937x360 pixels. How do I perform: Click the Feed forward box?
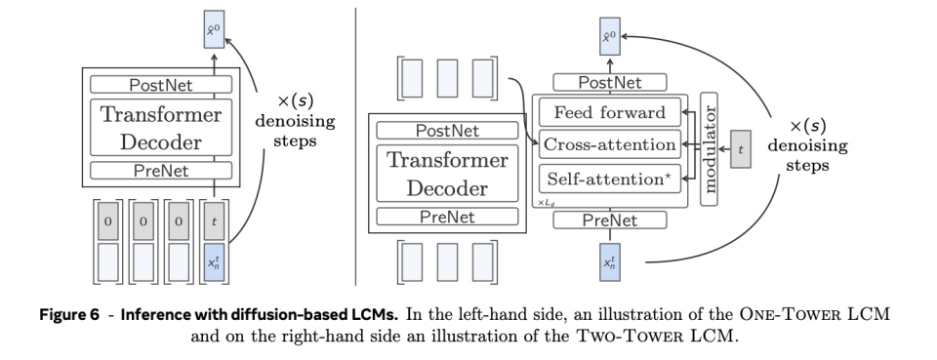(609, 112)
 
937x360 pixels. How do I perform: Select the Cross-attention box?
(609, 144)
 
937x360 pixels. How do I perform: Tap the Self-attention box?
(609, 180)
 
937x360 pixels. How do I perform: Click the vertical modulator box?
(709, 148)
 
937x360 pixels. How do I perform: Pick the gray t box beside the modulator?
(741, 148)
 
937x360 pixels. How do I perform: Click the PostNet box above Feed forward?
(609, 82)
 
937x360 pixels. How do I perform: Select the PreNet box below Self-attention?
(609, 220)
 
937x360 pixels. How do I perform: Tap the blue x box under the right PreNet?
(609, 262)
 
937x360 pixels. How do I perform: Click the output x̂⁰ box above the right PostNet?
(609, 36)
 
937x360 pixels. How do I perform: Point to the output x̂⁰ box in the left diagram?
(214, 29)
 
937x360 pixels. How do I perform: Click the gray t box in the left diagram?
(214, 221)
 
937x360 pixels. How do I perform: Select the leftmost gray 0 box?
(108, 221)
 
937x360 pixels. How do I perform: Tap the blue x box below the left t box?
(214, 262)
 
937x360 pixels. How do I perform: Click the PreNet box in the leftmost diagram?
(161, 171)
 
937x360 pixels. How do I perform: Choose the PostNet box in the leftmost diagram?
(161, 85)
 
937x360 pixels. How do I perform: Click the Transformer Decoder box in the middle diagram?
(447, 173)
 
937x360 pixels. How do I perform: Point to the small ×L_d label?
(547, 203)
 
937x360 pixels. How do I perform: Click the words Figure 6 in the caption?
(69, 314)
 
